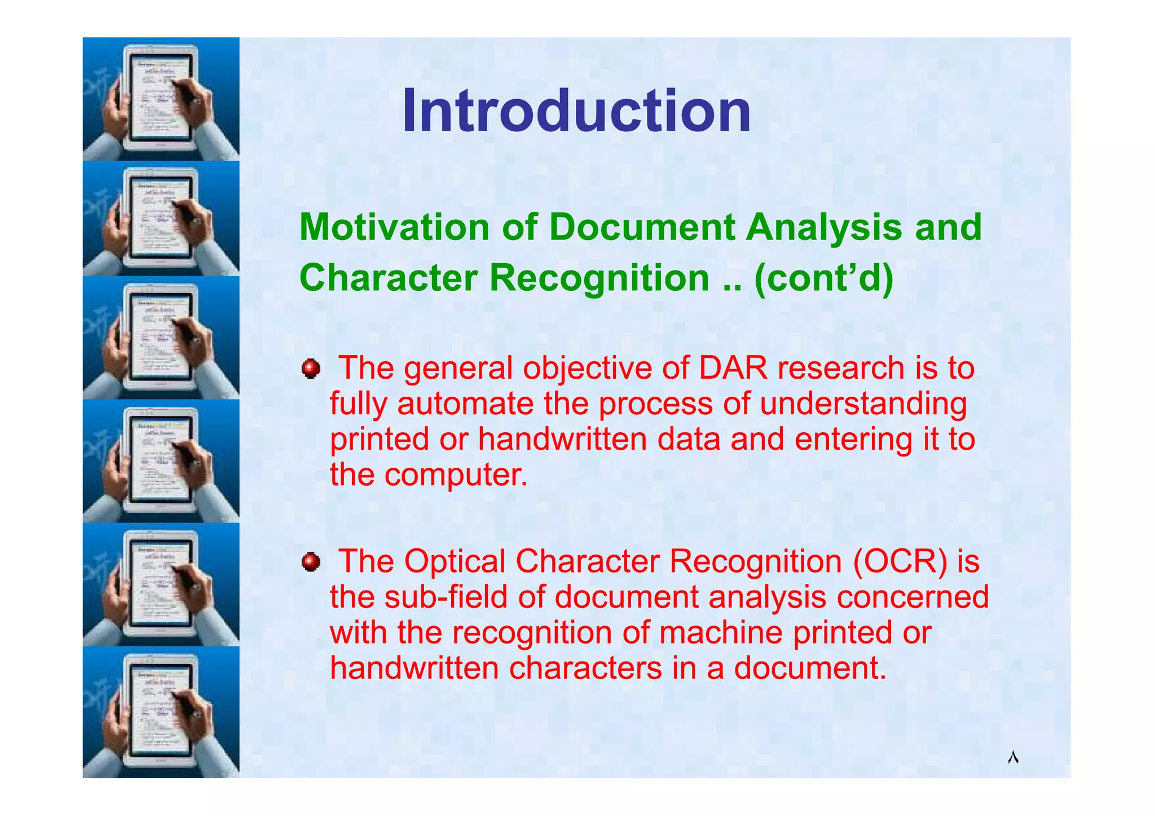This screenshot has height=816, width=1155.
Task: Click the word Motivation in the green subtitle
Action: pos(394,227)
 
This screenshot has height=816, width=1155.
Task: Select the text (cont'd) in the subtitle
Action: pos(824,278)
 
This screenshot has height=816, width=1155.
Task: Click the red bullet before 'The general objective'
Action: pos(311,369)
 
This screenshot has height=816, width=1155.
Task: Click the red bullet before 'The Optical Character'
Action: pos(311,562)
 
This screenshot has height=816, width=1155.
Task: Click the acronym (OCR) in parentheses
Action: pos(900,561)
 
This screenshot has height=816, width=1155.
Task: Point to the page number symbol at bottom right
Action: pos(1013,757)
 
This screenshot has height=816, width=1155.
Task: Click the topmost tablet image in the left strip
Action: pos(161,99)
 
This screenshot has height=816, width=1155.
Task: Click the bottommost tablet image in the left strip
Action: pos(161,712)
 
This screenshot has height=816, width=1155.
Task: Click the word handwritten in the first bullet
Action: pos(562,440)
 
